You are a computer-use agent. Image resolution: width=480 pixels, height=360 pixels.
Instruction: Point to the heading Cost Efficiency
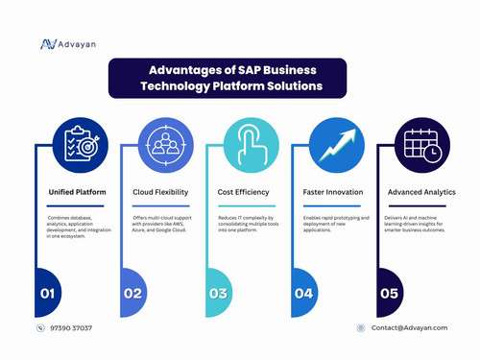coord(244,192)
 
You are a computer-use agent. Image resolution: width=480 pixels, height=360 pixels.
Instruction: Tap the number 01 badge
coord(48,292)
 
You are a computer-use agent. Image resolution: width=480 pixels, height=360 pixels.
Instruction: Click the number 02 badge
coord(132,292)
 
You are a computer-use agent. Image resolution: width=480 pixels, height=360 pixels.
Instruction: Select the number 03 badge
coord(217,292)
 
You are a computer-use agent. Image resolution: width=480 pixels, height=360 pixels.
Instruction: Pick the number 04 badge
coord(303,292)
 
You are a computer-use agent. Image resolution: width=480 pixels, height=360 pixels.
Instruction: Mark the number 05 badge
coord(388,292)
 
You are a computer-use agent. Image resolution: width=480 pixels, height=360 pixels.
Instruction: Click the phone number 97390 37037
coord(70,328)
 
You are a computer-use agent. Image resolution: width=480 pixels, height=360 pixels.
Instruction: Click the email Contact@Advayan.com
coord(408,328)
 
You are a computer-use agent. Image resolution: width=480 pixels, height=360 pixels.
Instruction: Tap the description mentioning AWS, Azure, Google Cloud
coord(163,225)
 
